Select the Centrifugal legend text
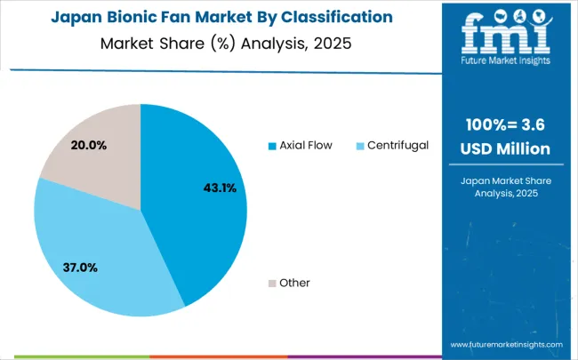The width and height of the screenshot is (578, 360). (397, 145)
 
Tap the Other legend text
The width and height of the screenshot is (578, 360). (294, 283)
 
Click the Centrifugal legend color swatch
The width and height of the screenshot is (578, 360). (360, 145)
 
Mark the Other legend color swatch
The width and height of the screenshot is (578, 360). (271, 283)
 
